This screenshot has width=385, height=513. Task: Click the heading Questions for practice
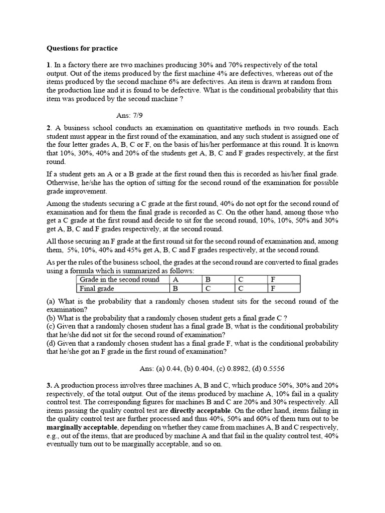point(82,49)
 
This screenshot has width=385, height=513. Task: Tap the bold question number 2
point(49,128)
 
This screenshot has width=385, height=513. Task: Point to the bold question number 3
point(49,385)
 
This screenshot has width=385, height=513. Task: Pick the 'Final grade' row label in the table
point(96,288)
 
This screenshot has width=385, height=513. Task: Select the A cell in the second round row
point(175,280)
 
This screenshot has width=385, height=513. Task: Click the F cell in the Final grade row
point(273,288)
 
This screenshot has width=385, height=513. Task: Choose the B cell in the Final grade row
point(176,288)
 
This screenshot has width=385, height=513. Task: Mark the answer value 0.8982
point(241,368)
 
